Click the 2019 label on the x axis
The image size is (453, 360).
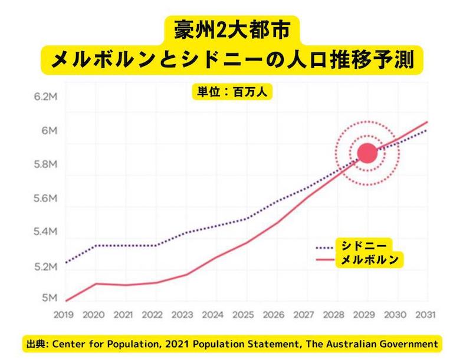click(x=64, y=315)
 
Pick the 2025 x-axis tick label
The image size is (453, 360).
click(x=245, y=315)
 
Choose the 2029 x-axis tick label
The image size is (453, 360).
click(x=366, y=315)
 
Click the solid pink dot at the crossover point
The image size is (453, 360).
click(x=367, y=153)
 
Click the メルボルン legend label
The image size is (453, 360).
click(x=369, y=259)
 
